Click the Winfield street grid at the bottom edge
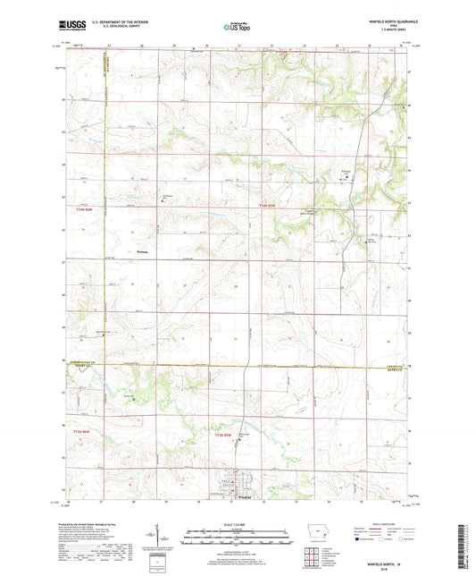coord(238,488)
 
